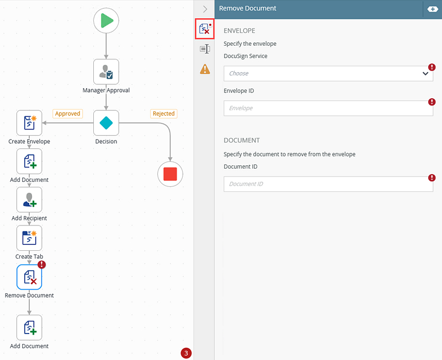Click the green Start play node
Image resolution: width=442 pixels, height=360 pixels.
tap(106, 20)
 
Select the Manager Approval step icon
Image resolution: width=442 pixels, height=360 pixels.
tap(106, 72)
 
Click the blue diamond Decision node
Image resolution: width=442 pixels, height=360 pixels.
tap(106, 123)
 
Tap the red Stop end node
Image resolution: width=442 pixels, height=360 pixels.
tap(170, 174)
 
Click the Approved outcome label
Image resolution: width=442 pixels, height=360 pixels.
tap(68, 114)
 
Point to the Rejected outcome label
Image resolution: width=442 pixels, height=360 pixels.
tap(164, 114)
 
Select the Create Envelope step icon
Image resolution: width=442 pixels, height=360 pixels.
tap(29, 123)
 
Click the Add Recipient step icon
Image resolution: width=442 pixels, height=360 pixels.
tap(29, 200)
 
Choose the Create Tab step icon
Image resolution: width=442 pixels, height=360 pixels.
tap(29, 238)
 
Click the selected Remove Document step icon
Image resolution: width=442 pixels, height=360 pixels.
tap(29, 277)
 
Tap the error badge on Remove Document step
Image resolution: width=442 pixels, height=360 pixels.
tap(42, 265)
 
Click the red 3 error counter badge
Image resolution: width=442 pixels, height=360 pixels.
tap(186, 353)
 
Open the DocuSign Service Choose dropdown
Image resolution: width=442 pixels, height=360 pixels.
tap(328, 73)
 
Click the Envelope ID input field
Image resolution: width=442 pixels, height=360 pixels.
tap(328, 108)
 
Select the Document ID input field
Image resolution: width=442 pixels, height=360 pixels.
tap(328, 184)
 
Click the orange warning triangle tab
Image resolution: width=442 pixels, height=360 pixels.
tap(205, 69)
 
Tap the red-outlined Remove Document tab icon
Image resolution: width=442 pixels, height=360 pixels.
tap(205, 29)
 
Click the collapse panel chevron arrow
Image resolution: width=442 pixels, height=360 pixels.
tap(205, 9)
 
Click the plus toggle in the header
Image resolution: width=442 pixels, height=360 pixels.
tap(433, 9)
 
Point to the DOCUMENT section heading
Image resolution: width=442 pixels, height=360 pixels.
tap(242, 140)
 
